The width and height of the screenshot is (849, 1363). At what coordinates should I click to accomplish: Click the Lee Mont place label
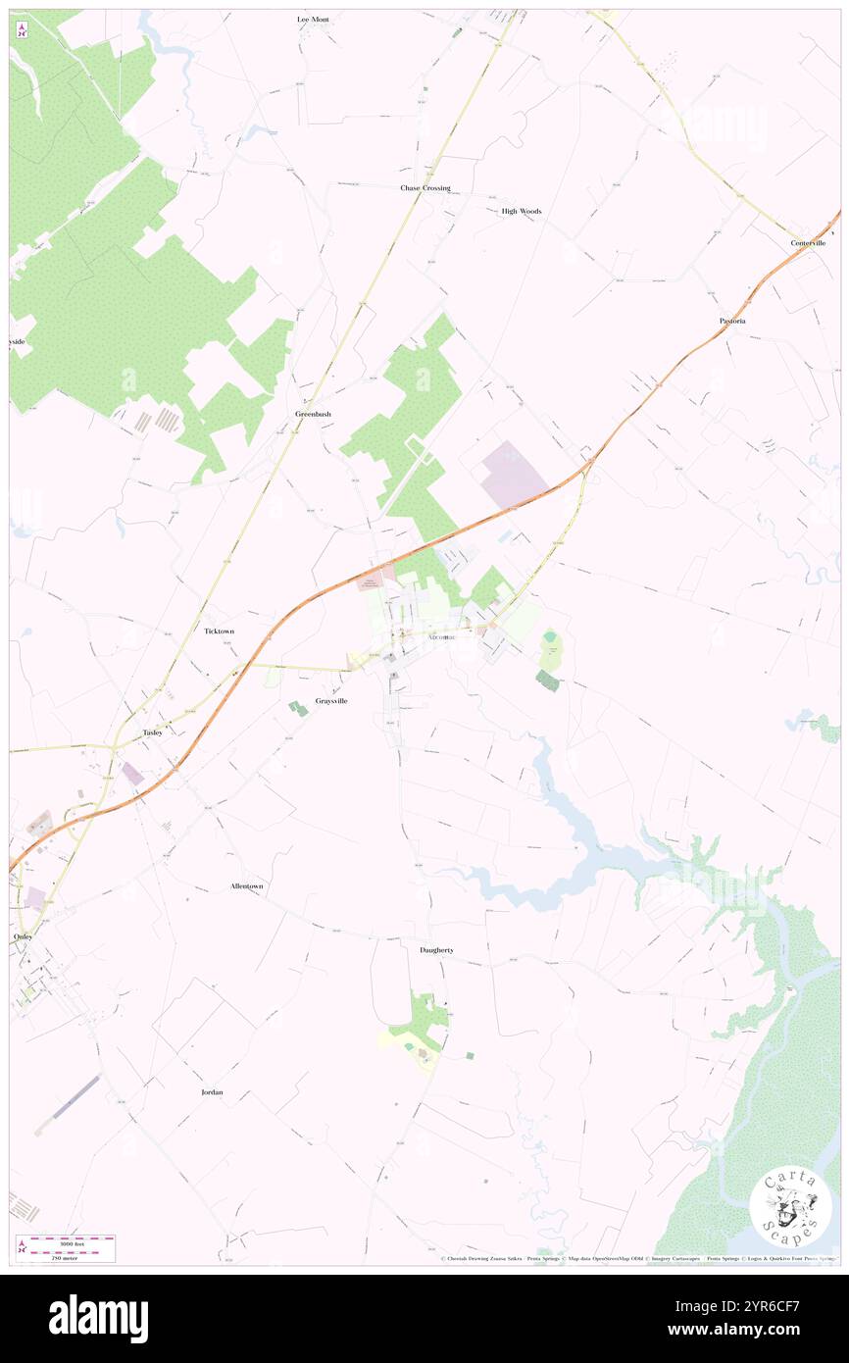tap(313, 19)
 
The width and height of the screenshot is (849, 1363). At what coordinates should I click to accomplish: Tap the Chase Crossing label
tap(424, 187)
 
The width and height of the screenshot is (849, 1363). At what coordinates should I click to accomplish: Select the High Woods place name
tap(521, 211)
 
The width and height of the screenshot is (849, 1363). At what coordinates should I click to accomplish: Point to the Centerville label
tap(809, 242)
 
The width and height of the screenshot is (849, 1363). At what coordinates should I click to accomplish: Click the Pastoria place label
tap(731, 321)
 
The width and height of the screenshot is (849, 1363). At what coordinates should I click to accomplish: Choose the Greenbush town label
tap(313, 414)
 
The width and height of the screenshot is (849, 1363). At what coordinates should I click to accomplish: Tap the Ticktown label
tap(219, 631)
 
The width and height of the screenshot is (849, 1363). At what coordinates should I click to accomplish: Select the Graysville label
tap(330, 701)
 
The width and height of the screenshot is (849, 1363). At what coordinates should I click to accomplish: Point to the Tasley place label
tap(152, 732)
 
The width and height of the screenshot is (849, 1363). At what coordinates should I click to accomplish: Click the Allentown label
tap(246, 885)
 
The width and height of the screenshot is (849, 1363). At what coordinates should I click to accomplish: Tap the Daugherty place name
tap(436, 950)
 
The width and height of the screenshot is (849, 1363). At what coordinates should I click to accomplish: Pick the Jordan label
tap(212, 1091)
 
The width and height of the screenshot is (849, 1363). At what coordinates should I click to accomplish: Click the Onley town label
tap(23, 936)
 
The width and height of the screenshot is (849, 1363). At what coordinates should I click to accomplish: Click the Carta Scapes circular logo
tap(790, 1205)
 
